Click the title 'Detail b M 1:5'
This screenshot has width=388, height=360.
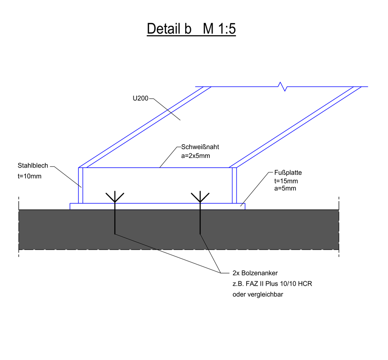[x=191, y=29]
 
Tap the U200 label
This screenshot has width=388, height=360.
[x=140, y=99]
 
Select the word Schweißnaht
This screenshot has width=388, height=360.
[x=200, y=147]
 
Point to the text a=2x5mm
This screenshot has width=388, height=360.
[x=196, y=156]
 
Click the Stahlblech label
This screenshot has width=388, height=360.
[x=33, y=166]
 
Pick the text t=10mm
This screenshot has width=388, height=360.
[x=30, y=177]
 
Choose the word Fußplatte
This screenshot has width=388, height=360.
[x=288, y=173]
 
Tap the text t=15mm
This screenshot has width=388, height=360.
[x=286, y=181]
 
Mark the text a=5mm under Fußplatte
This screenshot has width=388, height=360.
[x=285, y=189]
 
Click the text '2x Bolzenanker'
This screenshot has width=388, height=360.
[x=255, y=273]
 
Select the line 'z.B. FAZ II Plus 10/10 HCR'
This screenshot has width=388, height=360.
[x=272, y=284]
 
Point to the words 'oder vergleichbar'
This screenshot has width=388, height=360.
[x=258, y=295]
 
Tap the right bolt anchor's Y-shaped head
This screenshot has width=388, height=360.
[x=200, y=197]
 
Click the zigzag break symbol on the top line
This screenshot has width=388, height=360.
[x=283, y=86]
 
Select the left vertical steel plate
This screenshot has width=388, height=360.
[x=81, y=185]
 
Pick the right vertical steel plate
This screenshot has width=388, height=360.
[x=234, y=185]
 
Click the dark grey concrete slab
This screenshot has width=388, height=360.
[x=179, y=229]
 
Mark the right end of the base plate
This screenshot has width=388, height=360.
[x=245, y=206]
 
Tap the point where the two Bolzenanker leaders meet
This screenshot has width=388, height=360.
[x=221, y=273]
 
